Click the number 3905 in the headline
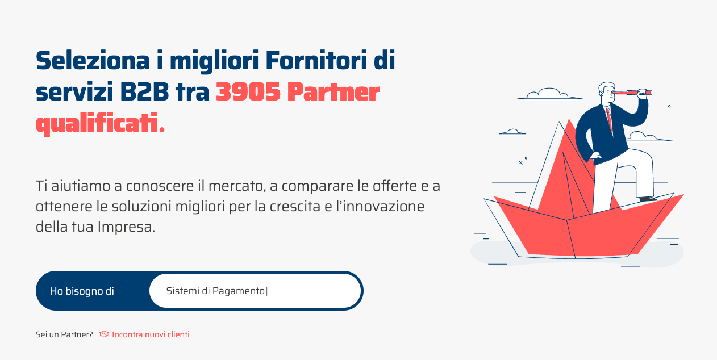(x=248, y=92)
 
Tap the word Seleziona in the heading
(x=93, y=60)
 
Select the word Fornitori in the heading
(x=316, y=60)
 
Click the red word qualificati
(x=100, y=123)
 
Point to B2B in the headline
(x=144, y=92)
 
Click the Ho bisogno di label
(x=82, y=291)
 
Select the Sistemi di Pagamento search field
(x=255, y=291)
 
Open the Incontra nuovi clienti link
(x=151, y=334)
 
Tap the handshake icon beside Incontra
(x=104, y=334)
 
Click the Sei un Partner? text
(x=64, y=334)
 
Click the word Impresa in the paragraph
(x=127, y=227)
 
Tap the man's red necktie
(x=609, y=120)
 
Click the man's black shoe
(x=648, y=199)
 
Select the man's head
(x=607, y=94)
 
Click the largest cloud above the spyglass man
(x=549, y=94)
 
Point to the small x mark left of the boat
(x=520, y=162)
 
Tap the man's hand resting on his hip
(x=595, y=155)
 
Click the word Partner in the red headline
(x=333, y=92)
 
